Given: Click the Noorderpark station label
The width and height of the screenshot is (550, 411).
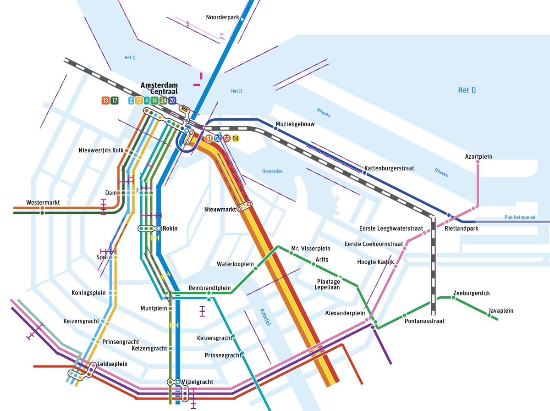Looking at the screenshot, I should point(222,17).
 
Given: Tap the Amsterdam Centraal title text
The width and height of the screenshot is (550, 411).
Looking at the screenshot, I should point(159,88).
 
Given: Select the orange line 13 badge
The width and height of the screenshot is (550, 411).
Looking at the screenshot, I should point(105,100).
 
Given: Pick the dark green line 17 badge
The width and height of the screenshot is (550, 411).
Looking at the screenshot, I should point(114,100).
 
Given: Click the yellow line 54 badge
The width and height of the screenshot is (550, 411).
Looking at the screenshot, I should point(236,138).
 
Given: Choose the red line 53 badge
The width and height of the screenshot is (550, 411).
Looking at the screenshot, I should point(227,138).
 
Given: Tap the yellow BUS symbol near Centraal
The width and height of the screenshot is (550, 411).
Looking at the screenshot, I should point(185,109).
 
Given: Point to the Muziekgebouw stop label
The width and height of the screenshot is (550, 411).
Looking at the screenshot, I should point(295,124).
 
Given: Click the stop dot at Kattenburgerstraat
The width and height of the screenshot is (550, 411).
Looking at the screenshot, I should point(365,173).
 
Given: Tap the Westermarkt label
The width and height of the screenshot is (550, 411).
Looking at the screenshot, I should point(43,202).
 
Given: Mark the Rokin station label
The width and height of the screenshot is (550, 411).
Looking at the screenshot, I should point(170,228).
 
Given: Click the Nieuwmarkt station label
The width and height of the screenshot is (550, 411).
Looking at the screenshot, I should point(220,210).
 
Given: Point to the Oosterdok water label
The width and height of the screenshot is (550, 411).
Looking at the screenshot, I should point(272,171).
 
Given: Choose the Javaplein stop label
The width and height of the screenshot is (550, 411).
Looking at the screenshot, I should point(500,311).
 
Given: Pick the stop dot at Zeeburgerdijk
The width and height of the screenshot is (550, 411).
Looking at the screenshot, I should point(453,298).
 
